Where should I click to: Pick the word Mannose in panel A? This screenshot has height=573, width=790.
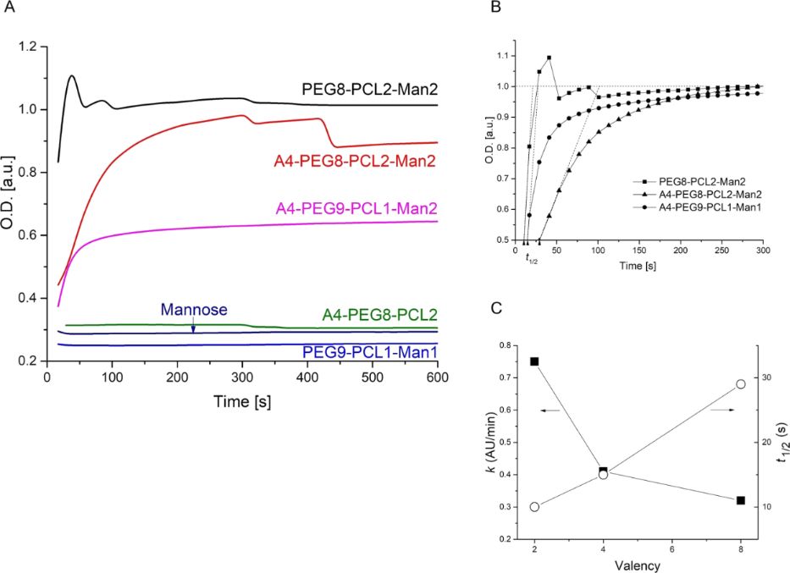[194, 310]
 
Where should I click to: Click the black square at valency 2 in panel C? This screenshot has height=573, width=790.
[534, 361]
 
